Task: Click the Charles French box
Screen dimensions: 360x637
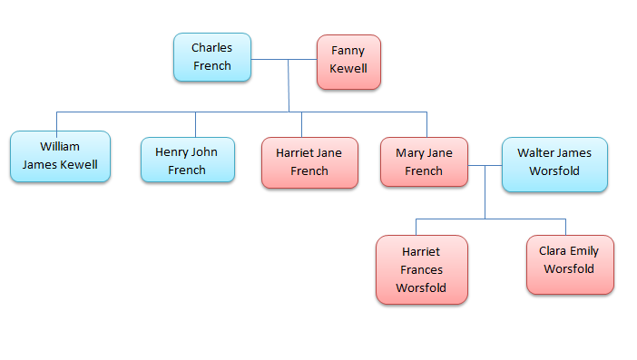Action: (211, 56)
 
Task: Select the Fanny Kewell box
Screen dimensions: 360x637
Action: (348, 62)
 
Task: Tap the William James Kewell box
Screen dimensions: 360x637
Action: (60, 156)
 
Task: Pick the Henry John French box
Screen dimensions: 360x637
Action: (187, 160)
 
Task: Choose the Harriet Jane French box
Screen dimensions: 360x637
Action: (309, 162)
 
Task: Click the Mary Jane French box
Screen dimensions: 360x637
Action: (424, 161)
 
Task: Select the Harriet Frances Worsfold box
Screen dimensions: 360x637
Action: (421, 269)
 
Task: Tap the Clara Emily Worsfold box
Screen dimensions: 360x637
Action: (569, 264)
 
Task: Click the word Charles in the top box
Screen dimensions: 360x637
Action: (211, 47)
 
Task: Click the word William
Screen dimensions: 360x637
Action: (60, 146)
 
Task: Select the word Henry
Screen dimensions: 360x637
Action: (172, 151)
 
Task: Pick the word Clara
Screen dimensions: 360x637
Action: (554, 251)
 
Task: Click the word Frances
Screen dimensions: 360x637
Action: (421, 269)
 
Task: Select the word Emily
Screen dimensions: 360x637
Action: (585, 251)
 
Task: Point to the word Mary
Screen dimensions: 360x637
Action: (410, 153)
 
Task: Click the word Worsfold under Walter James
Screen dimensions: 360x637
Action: (554, 170)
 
